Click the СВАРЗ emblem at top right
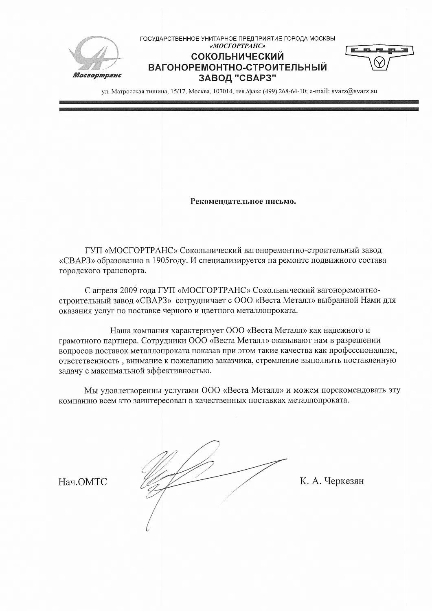379,57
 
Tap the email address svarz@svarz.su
354,91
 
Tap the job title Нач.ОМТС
83,482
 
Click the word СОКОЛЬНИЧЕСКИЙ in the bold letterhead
237,57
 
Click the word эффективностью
177,371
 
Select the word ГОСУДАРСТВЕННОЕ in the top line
169,39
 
